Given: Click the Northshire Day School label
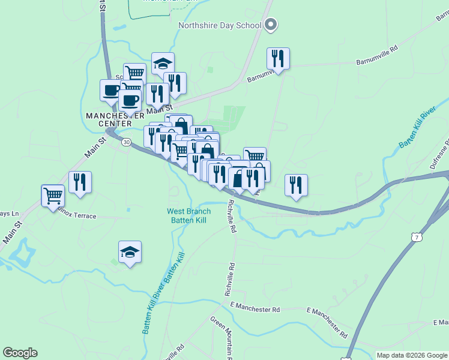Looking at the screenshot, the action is coord(219,25).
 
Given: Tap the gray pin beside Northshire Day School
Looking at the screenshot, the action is coord(271,25).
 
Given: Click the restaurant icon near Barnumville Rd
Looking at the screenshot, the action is coord(278,58).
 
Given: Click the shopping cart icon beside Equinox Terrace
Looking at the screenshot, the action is coord(53,195).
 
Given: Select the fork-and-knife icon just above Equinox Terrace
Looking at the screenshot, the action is coord(80,182).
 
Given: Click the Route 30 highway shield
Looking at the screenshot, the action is coord(126,142).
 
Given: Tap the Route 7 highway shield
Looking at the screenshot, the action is coord(416,238).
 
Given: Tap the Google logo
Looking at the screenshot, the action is coord(20,353).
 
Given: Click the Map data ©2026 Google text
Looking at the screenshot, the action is coord(412,355).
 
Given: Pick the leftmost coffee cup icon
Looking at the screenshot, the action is coord(110,91).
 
